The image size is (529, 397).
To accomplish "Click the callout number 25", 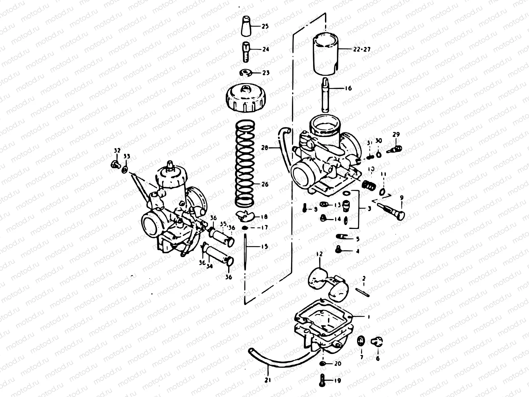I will [265, 26].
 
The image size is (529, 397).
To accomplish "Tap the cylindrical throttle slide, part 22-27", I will [326, 55].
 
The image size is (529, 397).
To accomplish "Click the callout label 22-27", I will [361, 49].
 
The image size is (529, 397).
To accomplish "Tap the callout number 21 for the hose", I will [267, 380].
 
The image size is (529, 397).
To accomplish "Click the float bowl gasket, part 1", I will [324, 313].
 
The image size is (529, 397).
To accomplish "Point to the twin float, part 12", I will [326, 281].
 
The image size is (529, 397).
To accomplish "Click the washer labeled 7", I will [361, 340].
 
